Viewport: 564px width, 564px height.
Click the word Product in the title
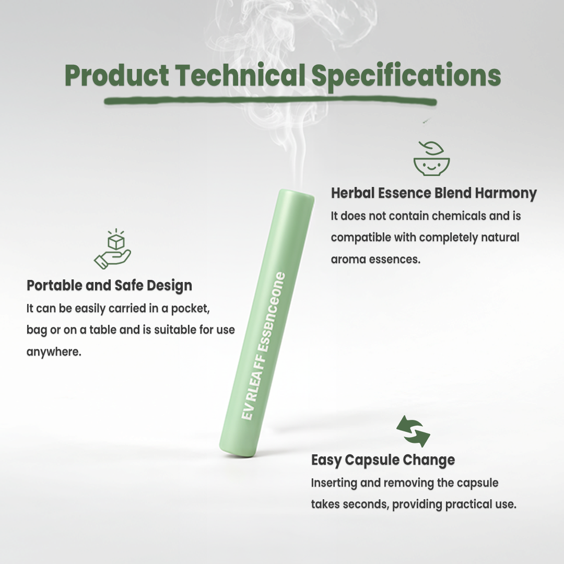[x=116, y=76]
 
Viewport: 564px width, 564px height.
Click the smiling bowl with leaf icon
[x=431, y=159]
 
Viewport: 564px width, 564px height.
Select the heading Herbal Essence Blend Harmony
[x=433, y=193]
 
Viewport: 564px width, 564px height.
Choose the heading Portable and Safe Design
[x=109, y=286]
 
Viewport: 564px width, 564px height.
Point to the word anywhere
[x=54, y=351]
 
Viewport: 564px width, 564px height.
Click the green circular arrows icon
[x=413, y=431]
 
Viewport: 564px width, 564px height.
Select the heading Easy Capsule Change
[x=383, y=460]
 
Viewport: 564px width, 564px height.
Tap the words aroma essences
[x=375, y=259]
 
